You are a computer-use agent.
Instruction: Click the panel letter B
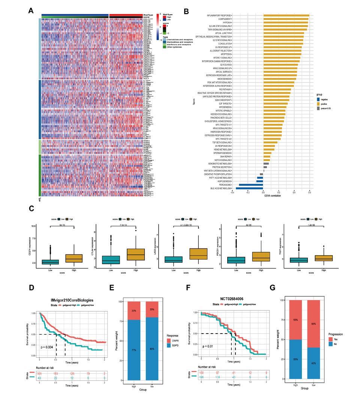coord(186,11)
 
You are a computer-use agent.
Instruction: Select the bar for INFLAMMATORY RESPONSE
coord(286,15)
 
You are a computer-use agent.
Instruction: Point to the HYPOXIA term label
coord(226,23)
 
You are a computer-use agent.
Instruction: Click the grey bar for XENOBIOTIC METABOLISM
coord(266,164)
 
